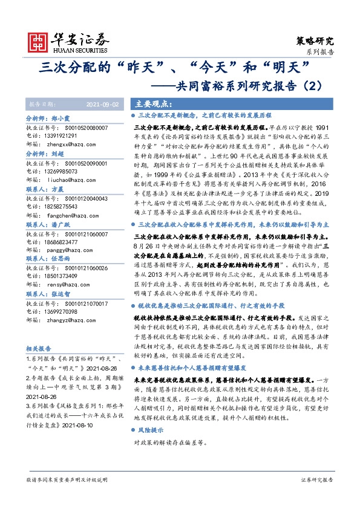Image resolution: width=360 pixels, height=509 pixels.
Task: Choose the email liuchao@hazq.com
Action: [73, 180]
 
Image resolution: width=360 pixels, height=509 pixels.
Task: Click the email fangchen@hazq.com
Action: [75, 215]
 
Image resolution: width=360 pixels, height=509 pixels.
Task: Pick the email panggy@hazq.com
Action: [73, 250]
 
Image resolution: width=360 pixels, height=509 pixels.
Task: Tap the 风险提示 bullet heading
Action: [150, 431]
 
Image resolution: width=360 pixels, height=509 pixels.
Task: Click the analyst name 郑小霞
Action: [62, 119]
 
